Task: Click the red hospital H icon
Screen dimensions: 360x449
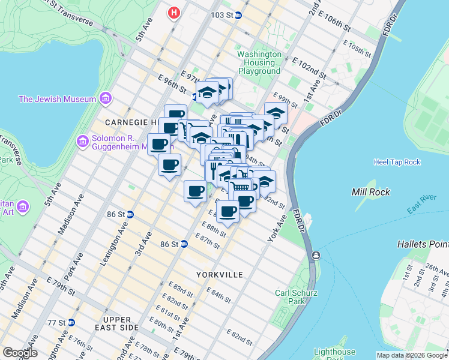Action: (x=174, y=12)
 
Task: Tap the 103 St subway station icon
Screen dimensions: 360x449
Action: (x=238, y=15)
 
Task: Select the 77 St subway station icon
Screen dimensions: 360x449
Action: (x=71, y=322)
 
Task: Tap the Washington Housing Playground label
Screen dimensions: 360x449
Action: (x=259, y=62)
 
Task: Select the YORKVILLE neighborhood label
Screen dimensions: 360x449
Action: (x=219, y=274)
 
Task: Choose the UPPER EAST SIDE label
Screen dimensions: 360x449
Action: (x=121, y=323)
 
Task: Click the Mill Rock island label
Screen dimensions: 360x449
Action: (x=370, y=192)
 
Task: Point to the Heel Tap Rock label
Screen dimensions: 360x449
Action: (x=397, y=162)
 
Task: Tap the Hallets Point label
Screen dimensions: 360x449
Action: (x=422, y=244)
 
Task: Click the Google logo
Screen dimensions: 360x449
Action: (x=20, y=352)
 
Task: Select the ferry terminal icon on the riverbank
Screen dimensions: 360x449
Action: (x=316, y=256)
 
